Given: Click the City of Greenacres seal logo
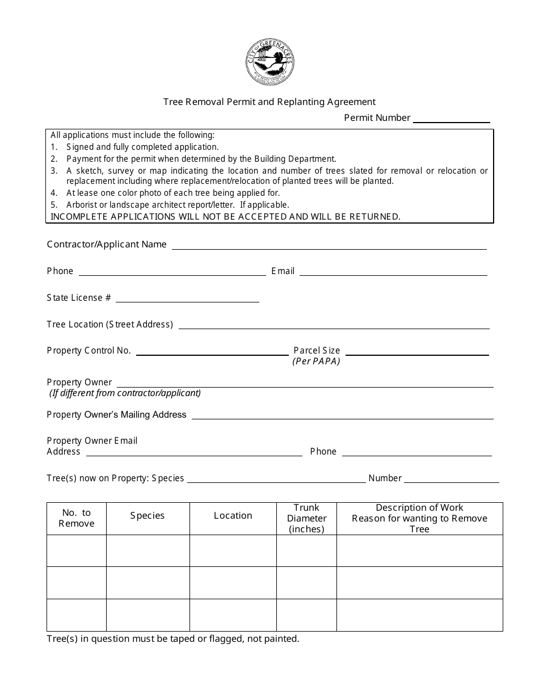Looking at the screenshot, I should (269, 63).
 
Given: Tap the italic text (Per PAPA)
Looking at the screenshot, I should (316, 361).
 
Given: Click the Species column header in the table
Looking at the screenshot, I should (148, 516).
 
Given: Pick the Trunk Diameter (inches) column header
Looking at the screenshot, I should (306, 518).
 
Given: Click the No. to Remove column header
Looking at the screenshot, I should (77, 518).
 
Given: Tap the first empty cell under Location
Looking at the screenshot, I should (233, 550).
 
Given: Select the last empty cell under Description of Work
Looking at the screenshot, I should (419, 615).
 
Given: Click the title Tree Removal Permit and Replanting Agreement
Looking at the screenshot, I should (269, 102).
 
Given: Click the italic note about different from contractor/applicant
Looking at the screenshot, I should (125, 393).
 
